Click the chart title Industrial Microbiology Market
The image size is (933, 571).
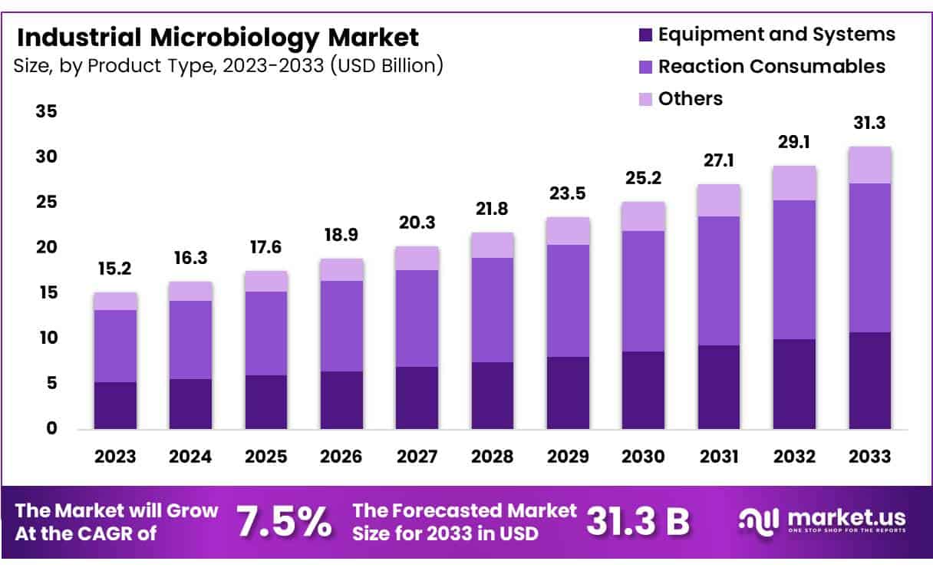pyautogui.click(x=217, y=37)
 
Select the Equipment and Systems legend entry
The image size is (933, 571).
pyautogui.click(x=776, y=35)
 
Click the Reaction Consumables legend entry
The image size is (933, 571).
pyautogui.click(x=771, y=67)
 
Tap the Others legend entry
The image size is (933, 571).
pyautogui.click(x=690, y=99)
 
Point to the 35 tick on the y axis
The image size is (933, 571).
pyautogui.click(x=46, y=112)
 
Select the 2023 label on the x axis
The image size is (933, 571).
pyautogui.click(x=115, y=457)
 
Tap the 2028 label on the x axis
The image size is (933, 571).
pyautogui.click(x=492, y=457)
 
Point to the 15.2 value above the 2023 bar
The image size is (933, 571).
pyautogui.click(x=115, y=270)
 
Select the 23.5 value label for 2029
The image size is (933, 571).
pyautogui.click(x=567, y=194)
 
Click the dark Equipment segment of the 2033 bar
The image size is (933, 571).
pyautogui.click(x=869, y=380)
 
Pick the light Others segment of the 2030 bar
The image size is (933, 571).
pyautogui.click(x=643, y=216)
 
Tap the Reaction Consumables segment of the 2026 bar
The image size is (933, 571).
pyautogui.click(x=341, y=326)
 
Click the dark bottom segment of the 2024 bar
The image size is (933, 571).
pyautogui.click(x=190, y=404)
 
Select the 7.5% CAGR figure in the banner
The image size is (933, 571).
pyautogui.click(x=284, y=522)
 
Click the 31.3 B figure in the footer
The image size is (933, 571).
pyautogui.click(x=638, y=522)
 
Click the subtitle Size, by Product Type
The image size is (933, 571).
pyautogui.click(x=228, y=66)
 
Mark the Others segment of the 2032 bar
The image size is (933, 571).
pyautogui.click(x=794, y=183)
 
